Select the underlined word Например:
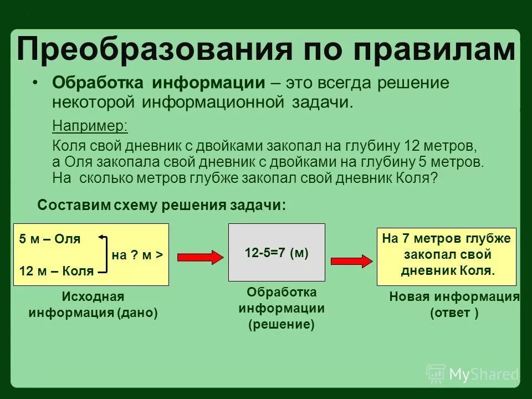pyautogui.click(x=90, y=126)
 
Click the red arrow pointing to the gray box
pyautogui.click(x=199, y=256)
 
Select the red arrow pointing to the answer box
pyautogui.click(x=351, y=261)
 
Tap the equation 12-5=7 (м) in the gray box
pyautogui.click(x=277, y=253)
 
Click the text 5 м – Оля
pyautogui.click(x=50, y=239)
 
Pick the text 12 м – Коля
pyautogui.click(x=56, y=271)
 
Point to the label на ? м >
pyautogui.click(x=137, y=255)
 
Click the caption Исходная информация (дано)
pyautogui.click(x=93, y=305)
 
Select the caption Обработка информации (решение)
pyautogui.click(x=282, y=308)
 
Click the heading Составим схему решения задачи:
pyautogui.click(x=162, y=205)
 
